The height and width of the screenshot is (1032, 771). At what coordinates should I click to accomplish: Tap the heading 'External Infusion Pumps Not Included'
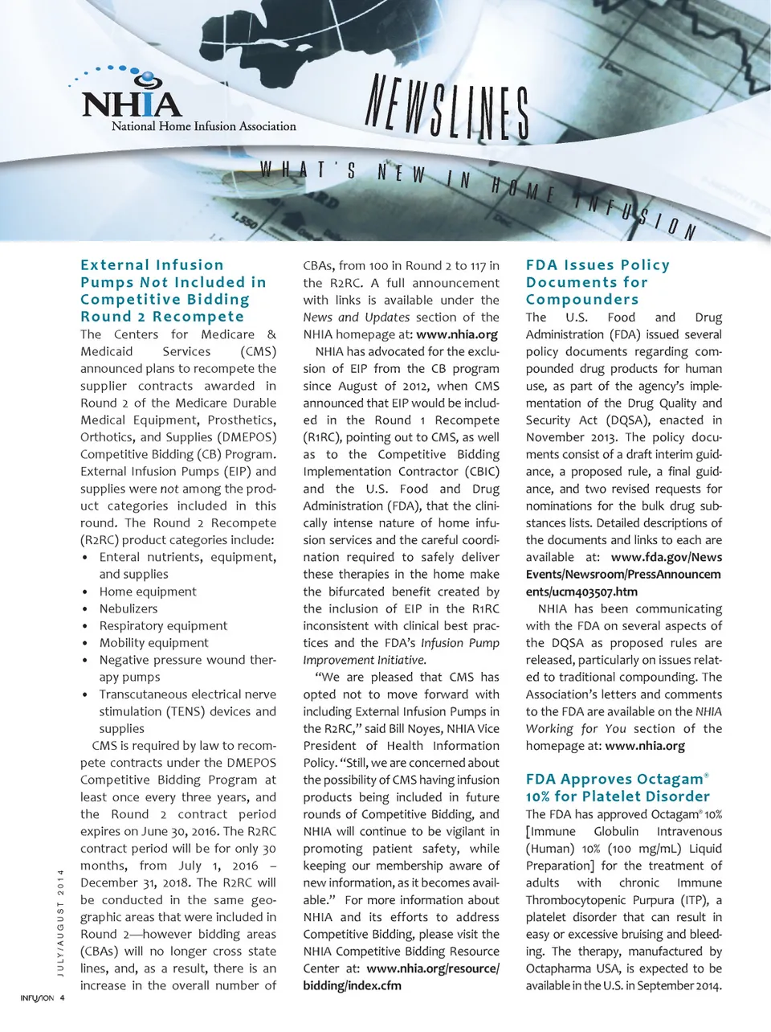[173, 290]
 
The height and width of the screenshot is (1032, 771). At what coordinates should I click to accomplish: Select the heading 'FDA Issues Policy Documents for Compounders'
[598, 282]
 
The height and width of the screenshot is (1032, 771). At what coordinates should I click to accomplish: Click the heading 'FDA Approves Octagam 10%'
[618, 788]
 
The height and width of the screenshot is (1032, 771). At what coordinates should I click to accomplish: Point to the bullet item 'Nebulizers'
[128, 608]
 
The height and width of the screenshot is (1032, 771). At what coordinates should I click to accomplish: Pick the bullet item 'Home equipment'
[148, 592]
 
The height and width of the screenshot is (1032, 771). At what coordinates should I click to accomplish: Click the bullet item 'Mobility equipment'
[153, 643]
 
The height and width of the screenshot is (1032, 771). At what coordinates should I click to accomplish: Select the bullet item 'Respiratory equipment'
[163, 625]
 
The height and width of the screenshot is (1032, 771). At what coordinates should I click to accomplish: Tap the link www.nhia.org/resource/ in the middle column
[432, 969]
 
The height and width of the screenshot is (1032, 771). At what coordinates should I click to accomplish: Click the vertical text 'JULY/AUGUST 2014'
[60, 924]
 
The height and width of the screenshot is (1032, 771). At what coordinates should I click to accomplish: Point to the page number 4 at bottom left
[63, 999]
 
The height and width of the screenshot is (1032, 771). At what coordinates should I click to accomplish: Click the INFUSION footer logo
[37, 999]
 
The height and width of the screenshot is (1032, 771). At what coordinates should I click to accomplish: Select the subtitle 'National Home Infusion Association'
[203, 126]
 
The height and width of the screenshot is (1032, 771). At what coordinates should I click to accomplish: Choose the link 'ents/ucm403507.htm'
[581, 592]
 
